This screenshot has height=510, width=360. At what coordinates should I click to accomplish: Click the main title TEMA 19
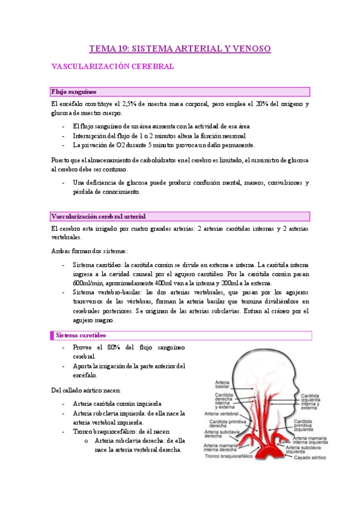(x=180, y=48)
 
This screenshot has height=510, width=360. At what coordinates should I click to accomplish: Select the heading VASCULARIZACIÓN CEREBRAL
(x=113, y=67)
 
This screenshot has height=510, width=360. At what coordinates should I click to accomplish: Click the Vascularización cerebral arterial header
(x=98, y=216)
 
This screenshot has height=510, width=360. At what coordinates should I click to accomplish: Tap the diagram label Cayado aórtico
(x=309, y=457)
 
